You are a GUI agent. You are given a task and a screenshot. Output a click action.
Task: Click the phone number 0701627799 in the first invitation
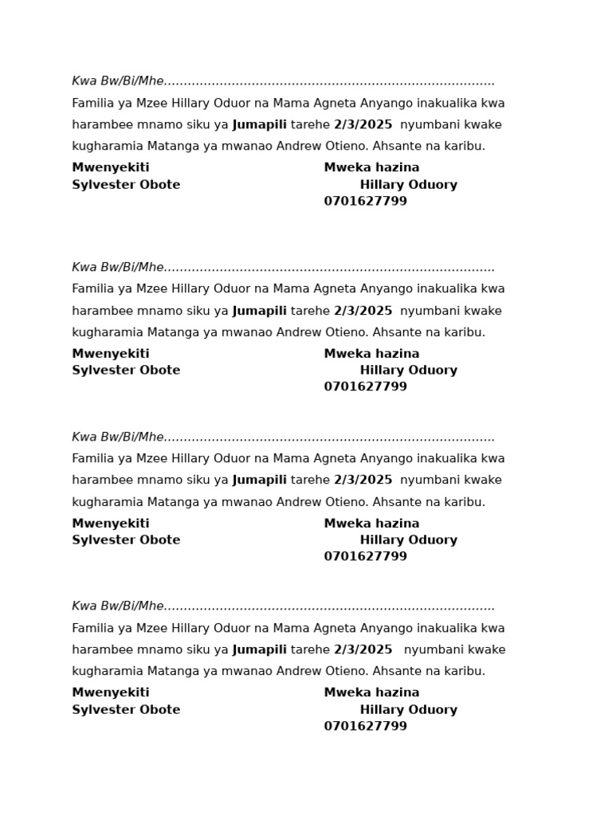click(365, 202)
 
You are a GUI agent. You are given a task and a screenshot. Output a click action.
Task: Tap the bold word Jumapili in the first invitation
click(259, 125)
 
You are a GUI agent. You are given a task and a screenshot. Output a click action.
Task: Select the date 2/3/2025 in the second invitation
click(363, 311)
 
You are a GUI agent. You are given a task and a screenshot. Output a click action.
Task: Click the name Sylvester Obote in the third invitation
click(126, 540)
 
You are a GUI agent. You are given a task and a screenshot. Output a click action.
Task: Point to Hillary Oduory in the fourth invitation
click(408, 710)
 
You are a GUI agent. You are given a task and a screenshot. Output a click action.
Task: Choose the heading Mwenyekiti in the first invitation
click(111, 168)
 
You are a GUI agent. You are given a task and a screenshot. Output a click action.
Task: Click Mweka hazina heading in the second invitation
click(371, 354)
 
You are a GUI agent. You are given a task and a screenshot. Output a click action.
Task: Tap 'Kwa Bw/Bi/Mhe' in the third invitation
click(118, 437)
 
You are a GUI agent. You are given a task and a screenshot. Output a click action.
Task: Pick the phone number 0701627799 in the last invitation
click(365, 727)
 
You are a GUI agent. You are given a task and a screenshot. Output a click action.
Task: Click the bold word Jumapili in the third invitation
click(259, 481)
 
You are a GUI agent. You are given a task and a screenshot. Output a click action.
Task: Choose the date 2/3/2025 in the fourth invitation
click(363, 650)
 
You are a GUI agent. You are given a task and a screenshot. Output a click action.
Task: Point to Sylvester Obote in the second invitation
click(126, 371)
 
